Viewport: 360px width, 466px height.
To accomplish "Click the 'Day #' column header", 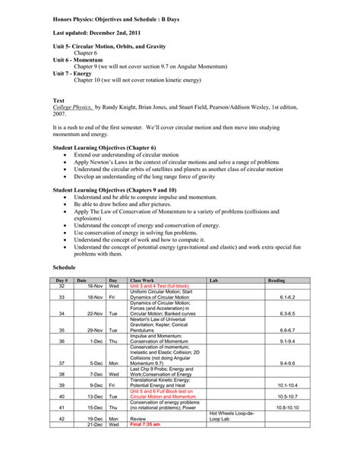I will point(62,281).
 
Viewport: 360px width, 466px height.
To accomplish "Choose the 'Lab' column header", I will point(213,281).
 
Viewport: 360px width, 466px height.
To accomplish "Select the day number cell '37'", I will point(62,364).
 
